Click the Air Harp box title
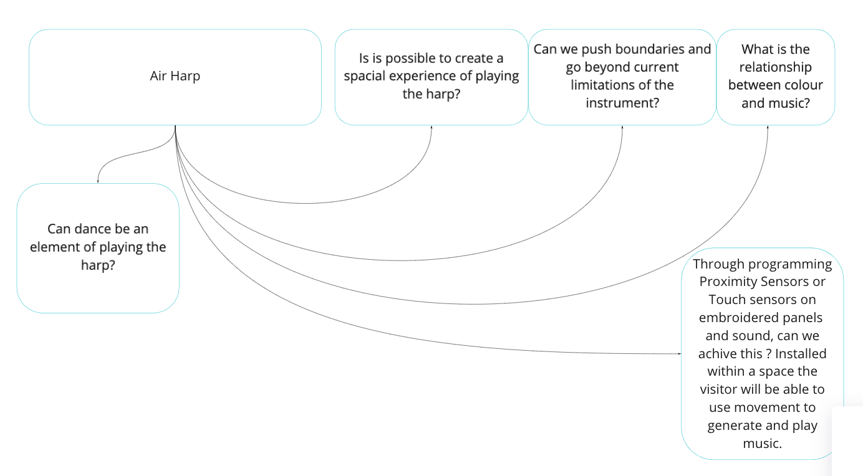tap(175, 77)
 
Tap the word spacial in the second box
tap(369, 76)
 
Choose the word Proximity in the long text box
tap(726, 282)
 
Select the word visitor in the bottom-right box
tap(722, 389)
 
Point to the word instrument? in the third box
tap(622, 103)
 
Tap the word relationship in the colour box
tap(775, 67)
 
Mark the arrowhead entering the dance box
tap(98, 181)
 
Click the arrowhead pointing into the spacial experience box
tap(432, 127)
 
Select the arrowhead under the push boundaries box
tap(622, 127)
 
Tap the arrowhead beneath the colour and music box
tap(768, 127)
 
